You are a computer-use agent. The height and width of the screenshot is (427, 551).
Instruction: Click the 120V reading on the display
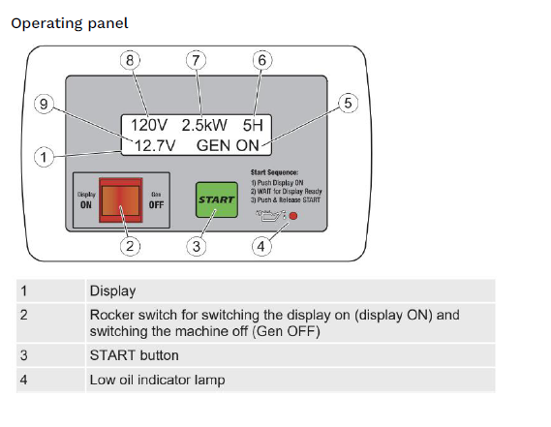[151, 125]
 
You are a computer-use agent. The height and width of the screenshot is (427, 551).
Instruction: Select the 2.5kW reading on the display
[206, 125]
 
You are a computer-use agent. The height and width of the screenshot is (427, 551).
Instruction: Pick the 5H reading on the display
[255, 125]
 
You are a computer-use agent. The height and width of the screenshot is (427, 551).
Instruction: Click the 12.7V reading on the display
[156, 145]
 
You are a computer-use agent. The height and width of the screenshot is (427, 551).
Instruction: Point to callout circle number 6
[260, 60]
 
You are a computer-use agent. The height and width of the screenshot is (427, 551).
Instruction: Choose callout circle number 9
[42, 105]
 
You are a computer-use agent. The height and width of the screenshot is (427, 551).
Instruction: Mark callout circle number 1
[42, 156]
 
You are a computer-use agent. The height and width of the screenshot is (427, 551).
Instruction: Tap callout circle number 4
[260, 246]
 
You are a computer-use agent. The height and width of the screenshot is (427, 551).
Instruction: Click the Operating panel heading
[69, 22]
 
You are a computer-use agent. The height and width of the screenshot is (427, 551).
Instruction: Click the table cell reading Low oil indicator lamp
[157, 380]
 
